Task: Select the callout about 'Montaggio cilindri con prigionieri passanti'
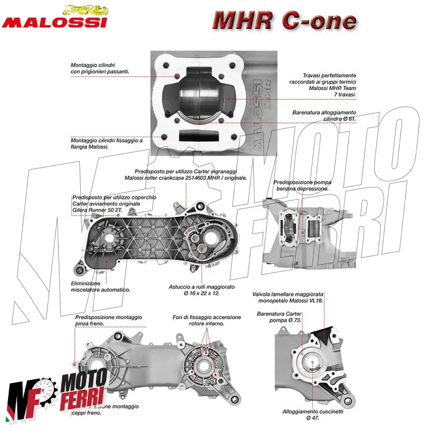[x=100, y=68]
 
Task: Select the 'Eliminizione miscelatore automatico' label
[x=100, y=287]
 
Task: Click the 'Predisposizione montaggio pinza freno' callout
[x=110, y=321]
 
